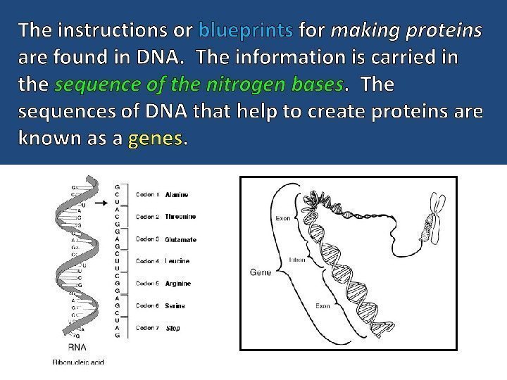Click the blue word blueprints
[x=246, y=30]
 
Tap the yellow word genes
[x=156, y=139]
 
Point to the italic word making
[x=357, y=30]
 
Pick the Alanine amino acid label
[x=176, y=194]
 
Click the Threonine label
[x=180, y=217]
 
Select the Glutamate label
[x=180, y=240]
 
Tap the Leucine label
[x=177, y=262]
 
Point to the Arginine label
[x=178, y=284]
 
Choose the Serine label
[x=175, y=306]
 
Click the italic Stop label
[x=173, y=328]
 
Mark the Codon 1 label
[x=147, y=194]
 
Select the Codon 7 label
[x=147, y=328]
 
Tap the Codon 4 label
[x=147, y=262]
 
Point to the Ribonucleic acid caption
[x=77, y=362]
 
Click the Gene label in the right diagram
[x=261, y=272]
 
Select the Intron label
[x=296, y=259]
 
